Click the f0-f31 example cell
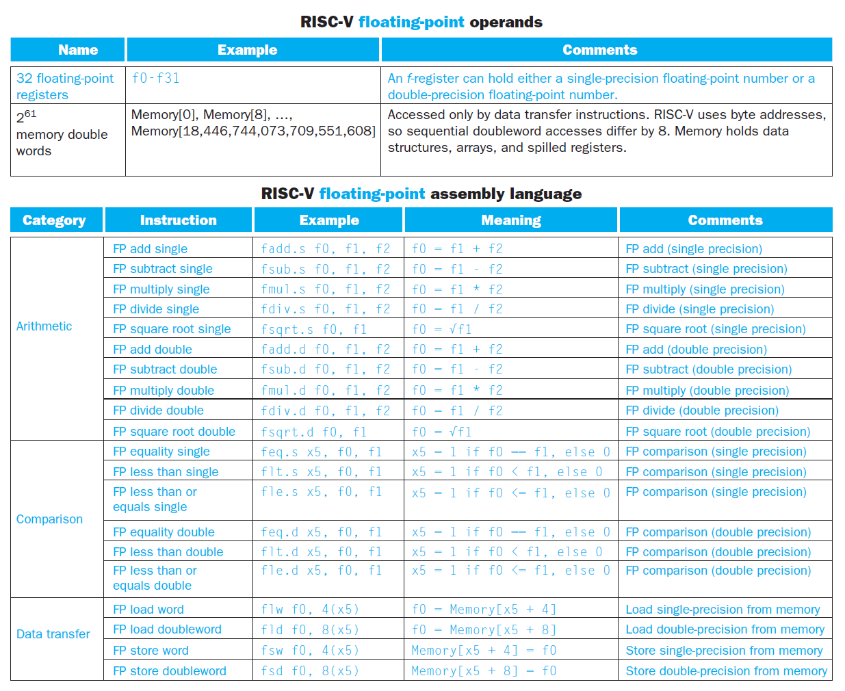click(155, 79)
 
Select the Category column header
click(54, 220)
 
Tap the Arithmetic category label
click(44, 326)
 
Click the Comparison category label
click(49, 519)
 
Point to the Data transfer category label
click(53, 634)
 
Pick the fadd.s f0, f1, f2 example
click(325, 249)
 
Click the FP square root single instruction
click(172, 329)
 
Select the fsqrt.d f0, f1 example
click(313, 432)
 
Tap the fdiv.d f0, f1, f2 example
click(325, 410)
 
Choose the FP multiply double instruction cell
click(164, 391)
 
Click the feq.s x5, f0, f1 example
click(321, 452)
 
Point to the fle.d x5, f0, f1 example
click(321, 571)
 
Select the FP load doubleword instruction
click(167, 629)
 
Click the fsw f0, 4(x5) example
click(309, 651)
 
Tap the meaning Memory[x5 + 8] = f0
click(484, 671)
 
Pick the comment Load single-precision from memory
click(723, 610)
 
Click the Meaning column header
click(511, 220)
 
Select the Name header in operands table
click(78, 50)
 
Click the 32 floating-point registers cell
click(64, 87)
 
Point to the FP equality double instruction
click(164, 532)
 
